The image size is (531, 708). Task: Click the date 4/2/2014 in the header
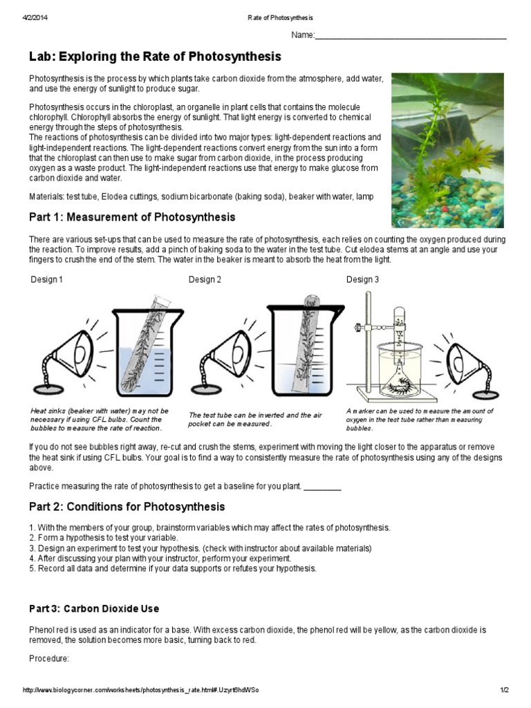[x=34, y=17]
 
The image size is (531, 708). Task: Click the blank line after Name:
[x=411, y=36]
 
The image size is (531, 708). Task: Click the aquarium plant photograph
[x=447, y=150]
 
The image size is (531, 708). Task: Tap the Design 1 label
[x=47, y=280]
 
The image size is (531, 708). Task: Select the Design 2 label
[x=205, y=280]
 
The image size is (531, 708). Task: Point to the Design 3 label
[x=362, y=280]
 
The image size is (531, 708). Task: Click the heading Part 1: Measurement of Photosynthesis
[x=132, y=217]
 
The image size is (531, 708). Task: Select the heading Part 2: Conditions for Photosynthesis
[x=127, y=507]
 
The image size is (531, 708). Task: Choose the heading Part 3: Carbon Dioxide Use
[x=94, y=609]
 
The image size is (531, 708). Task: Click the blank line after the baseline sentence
[x=322, y=487]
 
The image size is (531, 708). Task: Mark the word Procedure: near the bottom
[x=49, y=659]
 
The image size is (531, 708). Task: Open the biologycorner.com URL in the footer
[x=141, y=691]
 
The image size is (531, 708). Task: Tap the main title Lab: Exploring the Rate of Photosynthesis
[x=155, y=57]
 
